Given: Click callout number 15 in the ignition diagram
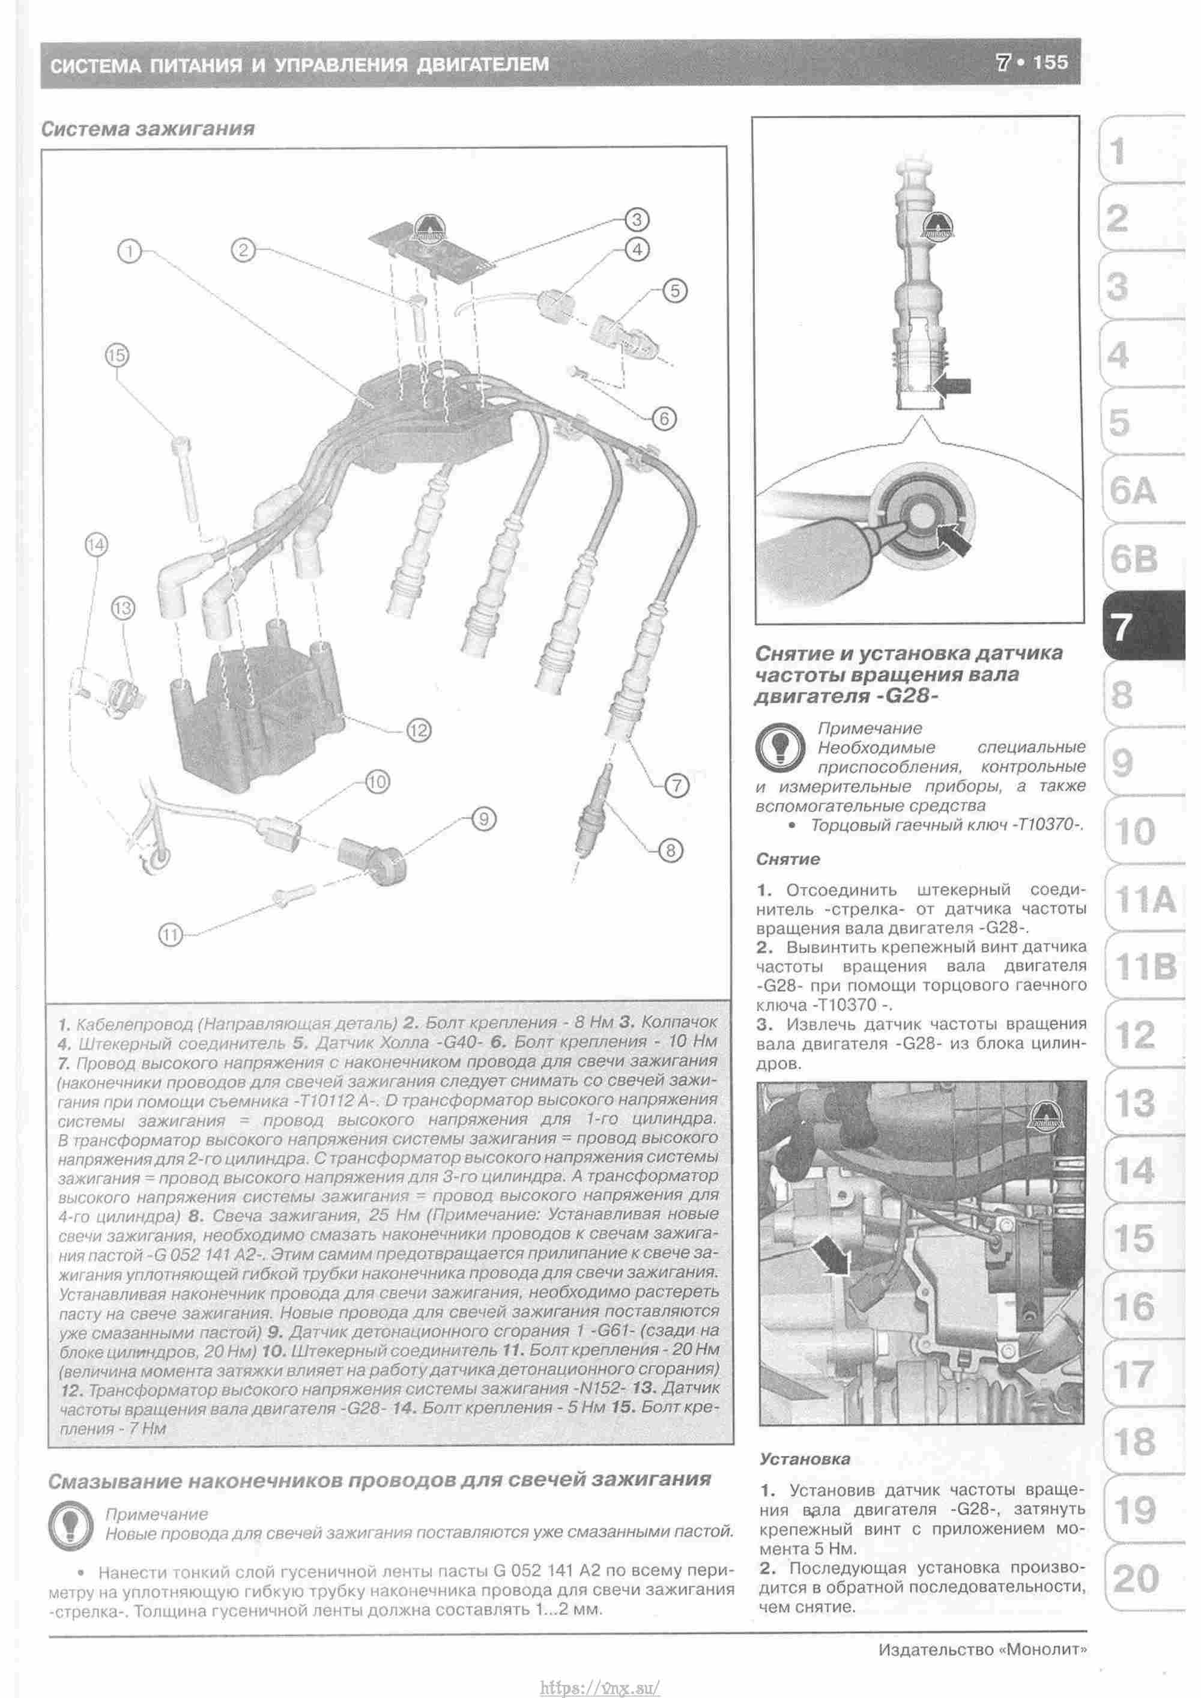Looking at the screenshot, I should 117,355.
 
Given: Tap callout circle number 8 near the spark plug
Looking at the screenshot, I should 671,850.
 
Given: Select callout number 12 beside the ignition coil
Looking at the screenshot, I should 418,730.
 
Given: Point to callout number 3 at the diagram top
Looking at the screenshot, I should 637,220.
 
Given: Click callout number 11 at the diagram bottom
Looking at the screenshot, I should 171,936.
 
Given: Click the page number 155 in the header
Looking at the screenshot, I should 1050,63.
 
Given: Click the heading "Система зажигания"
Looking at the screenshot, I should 148,129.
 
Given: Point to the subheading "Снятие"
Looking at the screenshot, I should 788,860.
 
